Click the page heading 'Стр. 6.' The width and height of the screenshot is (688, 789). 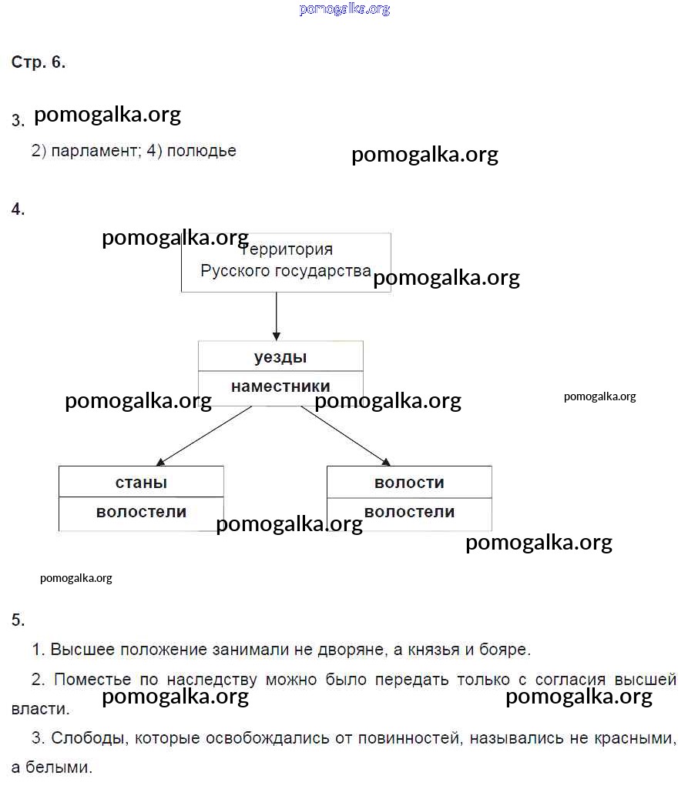pos(39,63)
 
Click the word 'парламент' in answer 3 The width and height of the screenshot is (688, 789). pos(94,151)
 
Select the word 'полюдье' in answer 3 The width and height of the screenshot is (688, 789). pos(201,151)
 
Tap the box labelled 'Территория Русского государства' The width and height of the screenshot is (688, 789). pos(286,262)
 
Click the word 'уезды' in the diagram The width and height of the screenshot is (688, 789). pos(280,357)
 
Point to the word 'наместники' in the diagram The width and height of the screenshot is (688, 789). pos(280,386)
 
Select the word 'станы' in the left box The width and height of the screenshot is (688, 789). pos(141,483)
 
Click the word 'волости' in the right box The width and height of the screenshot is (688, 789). pos(409,483)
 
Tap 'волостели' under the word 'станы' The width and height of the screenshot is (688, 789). pos(141,512)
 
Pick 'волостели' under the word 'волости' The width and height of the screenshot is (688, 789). pos(409,512)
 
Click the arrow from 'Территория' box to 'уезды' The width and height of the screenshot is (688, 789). pos(276,316)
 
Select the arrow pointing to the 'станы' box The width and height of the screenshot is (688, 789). pos(204,435)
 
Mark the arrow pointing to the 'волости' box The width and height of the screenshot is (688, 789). pos(345,435)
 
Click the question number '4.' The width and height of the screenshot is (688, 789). pos(18,209)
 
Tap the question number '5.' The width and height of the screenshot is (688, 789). pos(18,620)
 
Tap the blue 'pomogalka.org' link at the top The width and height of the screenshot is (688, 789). pos(344,9)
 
